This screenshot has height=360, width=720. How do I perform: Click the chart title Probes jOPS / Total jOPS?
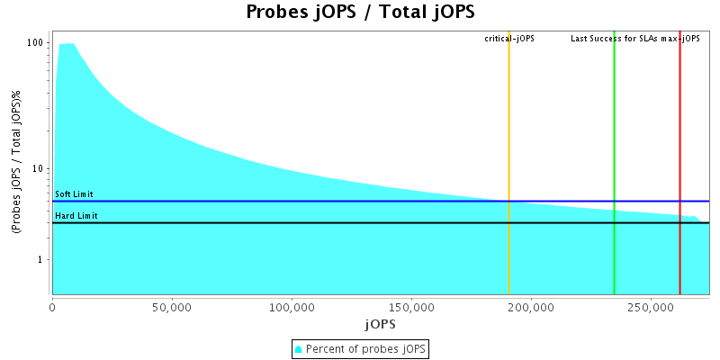pos(360,13)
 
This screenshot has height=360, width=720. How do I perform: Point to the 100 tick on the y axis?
pos(36,43)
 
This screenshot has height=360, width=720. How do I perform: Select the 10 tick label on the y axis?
pos(39,169)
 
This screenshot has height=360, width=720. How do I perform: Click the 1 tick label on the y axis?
pos(41,260)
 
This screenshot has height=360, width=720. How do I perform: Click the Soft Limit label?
pos(74,194)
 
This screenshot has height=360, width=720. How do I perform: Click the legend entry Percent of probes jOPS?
pos(360,348)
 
